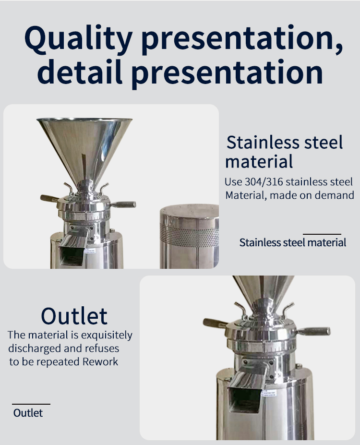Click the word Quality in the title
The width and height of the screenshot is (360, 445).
pos(78,38)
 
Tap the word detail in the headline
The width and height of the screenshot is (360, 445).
pos(80,72)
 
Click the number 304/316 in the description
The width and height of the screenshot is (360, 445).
pos(264,182)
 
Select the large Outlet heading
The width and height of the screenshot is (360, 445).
pos(74,315)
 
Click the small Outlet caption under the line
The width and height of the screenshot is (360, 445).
pos(28,413)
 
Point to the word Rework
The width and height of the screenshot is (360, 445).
pos(100,362)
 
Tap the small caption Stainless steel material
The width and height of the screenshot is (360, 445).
pos(293,242)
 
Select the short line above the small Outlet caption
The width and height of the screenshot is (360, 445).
pos(31,404)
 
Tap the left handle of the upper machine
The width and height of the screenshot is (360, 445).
pos(49,198)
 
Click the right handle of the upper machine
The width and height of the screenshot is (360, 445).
pos(123,204)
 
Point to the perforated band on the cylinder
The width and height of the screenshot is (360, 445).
pos(189,235)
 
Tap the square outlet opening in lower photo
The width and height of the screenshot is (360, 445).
pos(244,400)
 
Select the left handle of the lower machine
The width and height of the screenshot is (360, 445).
pos(215,323)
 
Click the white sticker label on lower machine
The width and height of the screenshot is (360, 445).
pos(269,393)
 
